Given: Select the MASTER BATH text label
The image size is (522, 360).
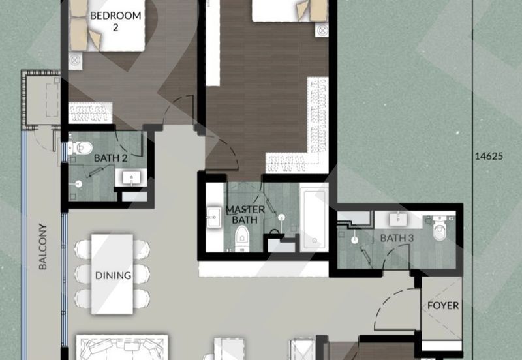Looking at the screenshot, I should pyautogui.click(x=245, y=215).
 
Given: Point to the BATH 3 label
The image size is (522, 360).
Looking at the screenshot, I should pyautogui.click(x=397, y=238).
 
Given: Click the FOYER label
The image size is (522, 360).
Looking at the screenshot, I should pyautogui.click(x=443, y=305).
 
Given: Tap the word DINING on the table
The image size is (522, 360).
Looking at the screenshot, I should pyautogui.click(x=113, y=275).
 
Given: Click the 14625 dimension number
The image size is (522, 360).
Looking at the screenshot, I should pyautogui.click(x=493, y=156).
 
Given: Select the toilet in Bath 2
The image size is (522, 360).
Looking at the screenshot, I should pyautogui.click(x=80, y=148).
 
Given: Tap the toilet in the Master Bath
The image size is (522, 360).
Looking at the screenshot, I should pyautogui.click(x=243, y=237).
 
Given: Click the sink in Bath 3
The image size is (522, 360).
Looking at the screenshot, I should pyautogui.click(x=400, y=219).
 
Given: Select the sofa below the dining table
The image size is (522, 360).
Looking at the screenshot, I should pyautogui.click(x=122, y=348).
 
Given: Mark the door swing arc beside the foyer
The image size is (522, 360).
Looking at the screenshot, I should pyautogui.click(x=394, y=307).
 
